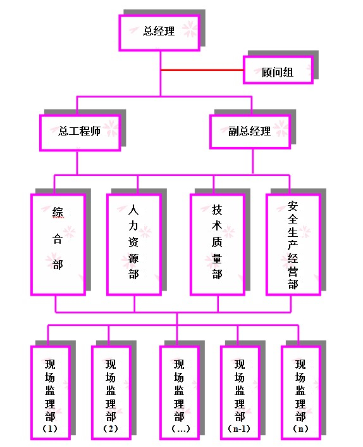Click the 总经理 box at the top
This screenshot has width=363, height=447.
159,33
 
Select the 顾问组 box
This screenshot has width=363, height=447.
278,70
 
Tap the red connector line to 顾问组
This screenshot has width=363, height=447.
202,70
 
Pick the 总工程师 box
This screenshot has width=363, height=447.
80,132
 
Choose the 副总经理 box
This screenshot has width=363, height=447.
250,132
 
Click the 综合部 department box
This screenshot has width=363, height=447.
58,244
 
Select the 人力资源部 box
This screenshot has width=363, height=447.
134,244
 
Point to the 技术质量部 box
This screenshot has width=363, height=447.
218,244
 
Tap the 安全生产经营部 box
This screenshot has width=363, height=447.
293,244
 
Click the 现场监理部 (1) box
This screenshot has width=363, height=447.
51,393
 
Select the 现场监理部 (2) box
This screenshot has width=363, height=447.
111,393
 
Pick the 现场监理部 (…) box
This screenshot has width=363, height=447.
180,393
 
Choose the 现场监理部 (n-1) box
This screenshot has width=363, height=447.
240,393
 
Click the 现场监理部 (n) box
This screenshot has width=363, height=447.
301,393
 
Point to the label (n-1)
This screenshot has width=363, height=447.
239,429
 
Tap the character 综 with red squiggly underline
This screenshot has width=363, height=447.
58,212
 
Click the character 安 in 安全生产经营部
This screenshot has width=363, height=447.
293,206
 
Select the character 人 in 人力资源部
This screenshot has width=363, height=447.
133,210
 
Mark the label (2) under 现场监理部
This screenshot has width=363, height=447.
111,429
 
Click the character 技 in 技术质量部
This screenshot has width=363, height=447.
217,210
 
